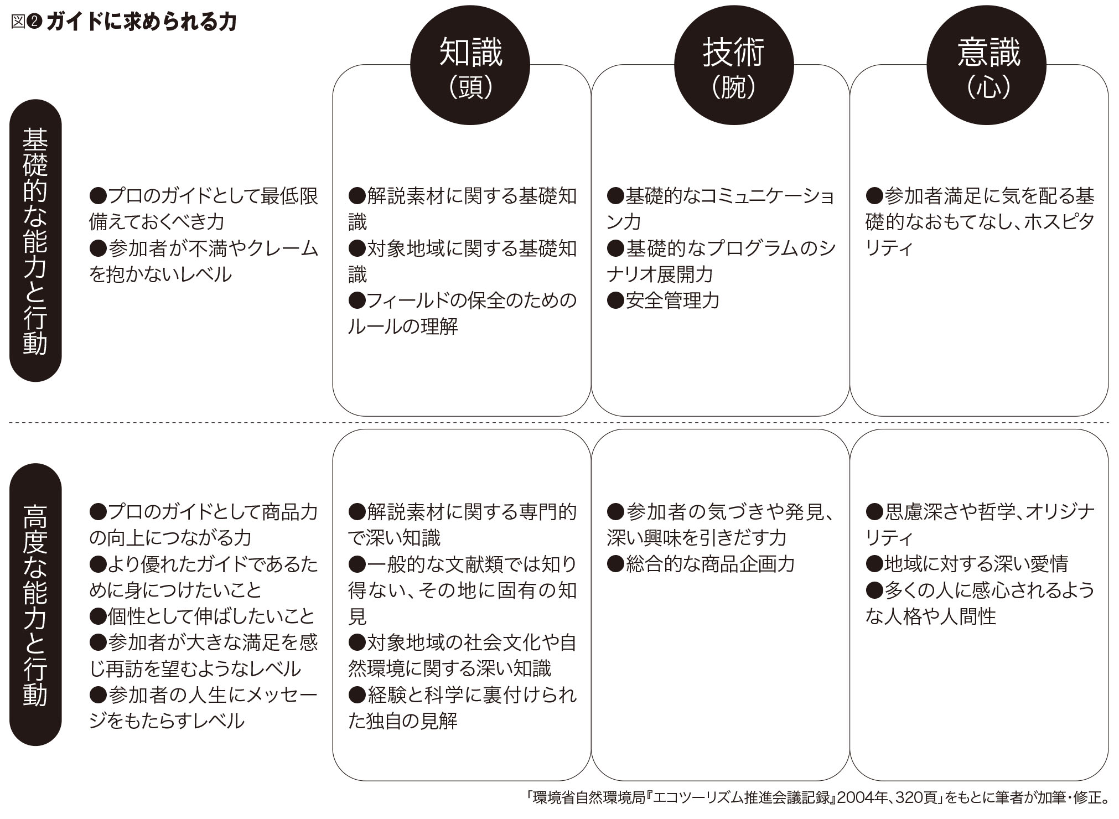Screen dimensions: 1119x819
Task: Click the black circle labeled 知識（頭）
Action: (470, 65)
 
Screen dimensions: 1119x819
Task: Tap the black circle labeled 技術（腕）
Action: (734, 65)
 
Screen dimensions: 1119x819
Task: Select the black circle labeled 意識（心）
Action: (987, 65)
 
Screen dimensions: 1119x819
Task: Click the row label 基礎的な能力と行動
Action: (35, 241)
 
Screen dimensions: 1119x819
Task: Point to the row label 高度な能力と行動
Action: (35, 605)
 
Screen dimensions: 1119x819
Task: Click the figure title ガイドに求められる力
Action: (142, 22)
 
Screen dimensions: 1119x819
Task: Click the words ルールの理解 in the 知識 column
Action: (403, 326)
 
